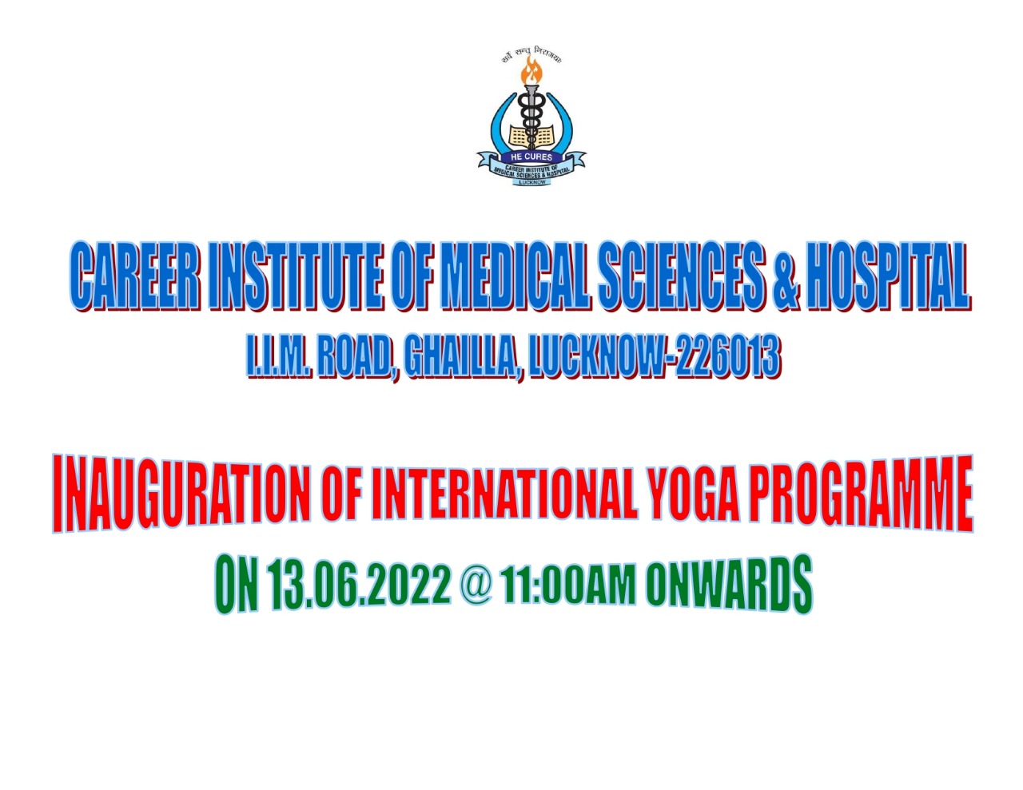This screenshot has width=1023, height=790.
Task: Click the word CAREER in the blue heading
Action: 135,276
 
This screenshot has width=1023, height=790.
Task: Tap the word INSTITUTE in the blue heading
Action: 296,276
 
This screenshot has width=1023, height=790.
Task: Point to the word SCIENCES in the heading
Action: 681,276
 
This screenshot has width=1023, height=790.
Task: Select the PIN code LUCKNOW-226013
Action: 653,357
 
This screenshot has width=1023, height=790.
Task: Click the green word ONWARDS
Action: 729,585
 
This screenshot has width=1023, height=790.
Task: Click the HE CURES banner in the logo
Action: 531,157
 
